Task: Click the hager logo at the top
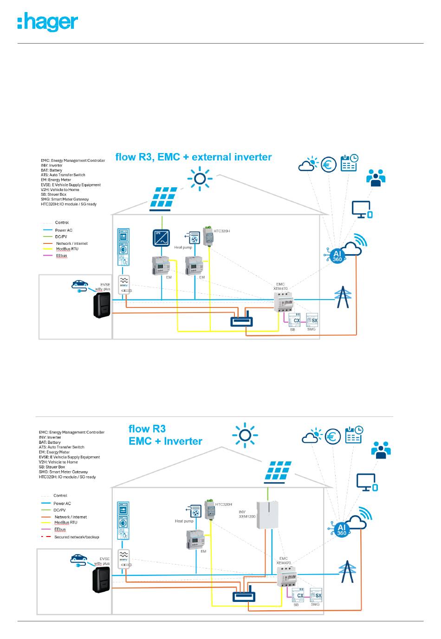click(x=47, y=22)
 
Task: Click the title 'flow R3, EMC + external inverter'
click(x=194, y=157)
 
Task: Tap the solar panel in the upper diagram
click(x=163, y=199)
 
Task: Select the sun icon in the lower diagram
click(x=245, y=435)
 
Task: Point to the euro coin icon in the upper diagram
click(x=329, y=165)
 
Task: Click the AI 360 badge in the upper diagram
click(x=337, y=256)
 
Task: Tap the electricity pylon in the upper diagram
click(x=343, y=297)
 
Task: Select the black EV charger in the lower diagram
click(x=101, y=580)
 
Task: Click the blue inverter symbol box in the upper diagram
click(x=162, y=237)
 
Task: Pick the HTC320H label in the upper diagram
click(x=221, y=231)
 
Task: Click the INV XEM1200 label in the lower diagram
click(x=247, y=514)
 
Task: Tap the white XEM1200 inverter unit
click(x=268, y=515)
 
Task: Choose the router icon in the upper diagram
click(x=242, y=319)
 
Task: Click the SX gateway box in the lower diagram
click(x=316, y=595)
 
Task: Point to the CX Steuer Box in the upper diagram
click(x=294, y=320)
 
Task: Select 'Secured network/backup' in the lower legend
click(x=77, y=537)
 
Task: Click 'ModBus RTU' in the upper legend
click(x=67, y=249)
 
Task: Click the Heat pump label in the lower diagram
click(x=184, y=521)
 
